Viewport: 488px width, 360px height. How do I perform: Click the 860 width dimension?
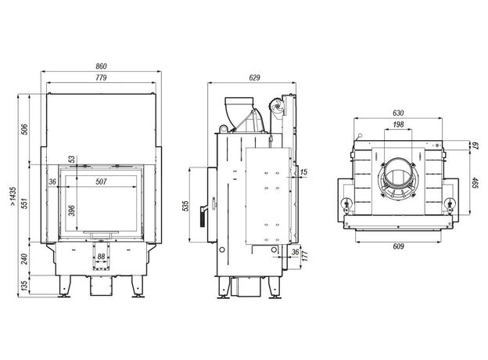101,67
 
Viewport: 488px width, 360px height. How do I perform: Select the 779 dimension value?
101,77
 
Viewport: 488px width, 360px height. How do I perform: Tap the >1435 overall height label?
13,196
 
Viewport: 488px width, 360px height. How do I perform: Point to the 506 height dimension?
24,129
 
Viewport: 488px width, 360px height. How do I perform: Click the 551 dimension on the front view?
24,203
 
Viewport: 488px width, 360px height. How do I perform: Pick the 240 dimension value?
24,258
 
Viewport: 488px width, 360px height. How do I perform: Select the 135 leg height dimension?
24,285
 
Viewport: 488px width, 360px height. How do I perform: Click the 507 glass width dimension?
101,182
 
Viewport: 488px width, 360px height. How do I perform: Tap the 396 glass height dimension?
72,211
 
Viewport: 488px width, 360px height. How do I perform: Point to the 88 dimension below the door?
101,257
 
